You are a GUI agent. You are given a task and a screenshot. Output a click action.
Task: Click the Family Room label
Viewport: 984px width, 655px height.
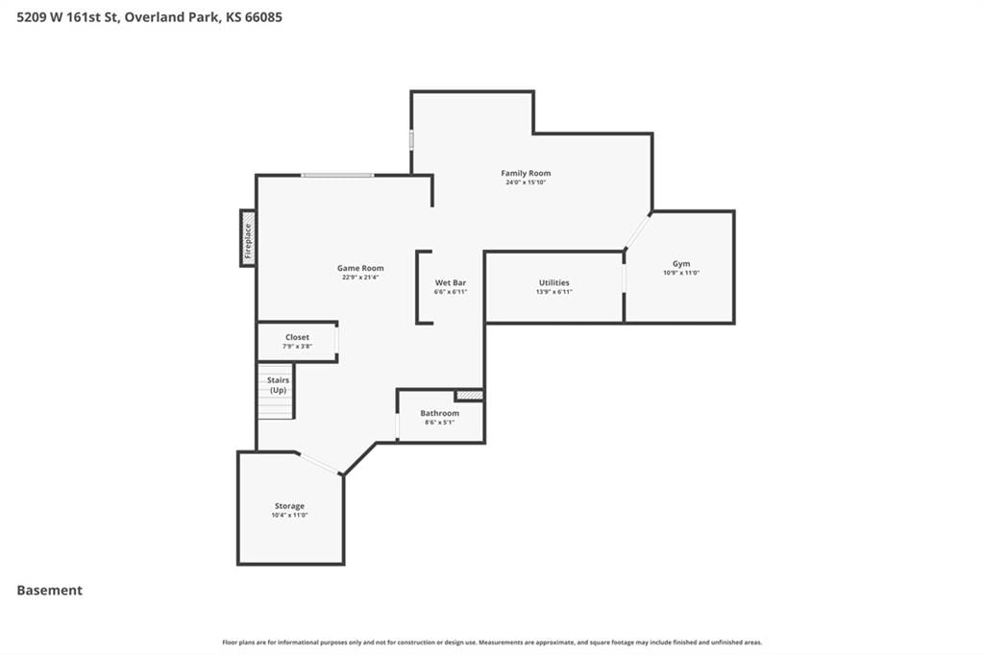[x=526, y=173]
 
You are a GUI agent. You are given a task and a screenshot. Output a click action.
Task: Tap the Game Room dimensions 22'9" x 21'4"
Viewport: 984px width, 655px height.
[x=360, y=278]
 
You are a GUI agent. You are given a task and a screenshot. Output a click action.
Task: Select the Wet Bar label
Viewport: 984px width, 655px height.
[x=451, y=283]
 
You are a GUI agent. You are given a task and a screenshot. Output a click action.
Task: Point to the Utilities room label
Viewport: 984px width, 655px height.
[x=554, y=283]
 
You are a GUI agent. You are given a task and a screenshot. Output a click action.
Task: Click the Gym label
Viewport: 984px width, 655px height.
[x=681, y=264]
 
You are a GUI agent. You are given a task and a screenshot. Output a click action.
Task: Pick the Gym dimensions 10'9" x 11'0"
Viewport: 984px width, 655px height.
[x=681, y=273]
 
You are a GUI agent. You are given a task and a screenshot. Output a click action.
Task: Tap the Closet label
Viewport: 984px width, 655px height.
[x=298, y=337]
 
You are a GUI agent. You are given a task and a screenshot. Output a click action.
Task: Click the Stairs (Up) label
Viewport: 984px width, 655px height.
[x=279, y=385]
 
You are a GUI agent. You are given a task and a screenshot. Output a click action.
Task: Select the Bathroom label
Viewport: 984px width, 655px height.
[x=440, y=413]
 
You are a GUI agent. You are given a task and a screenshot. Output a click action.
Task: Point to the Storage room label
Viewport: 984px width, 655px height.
[x=289, y=506]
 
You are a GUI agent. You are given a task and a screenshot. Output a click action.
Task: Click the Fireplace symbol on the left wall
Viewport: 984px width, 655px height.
[x=248, y=238]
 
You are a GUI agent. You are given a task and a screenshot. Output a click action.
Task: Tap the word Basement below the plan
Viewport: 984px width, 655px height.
[x=50, y=591]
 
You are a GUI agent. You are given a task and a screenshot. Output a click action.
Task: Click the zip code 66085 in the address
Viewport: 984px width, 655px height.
[x=263, y=17]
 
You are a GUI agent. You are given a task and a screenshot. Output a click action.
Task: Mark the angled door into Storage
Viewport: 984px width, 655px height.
[x=318, y=463]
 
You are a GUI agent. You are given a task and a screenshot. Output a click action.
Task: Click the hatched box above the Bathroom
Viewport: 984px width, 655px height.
[x=469, y=396]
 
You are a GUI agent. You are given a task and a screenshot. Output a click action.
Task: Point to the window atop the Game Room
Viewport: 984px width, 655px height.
[x=337, y=175]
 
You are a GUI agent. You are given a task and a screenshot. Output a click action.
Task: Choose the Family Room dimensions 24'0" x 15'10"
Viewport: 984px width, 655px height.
[x=526, y=182]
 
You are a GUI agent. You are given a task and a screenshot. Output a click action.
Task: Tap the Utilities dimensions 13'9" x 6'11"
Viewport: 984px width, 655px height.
[x=554, y=292]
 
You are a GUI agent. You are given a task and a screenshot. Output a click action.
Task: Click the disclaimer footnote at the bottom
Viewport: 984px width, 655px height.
[x=492, y=643]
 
